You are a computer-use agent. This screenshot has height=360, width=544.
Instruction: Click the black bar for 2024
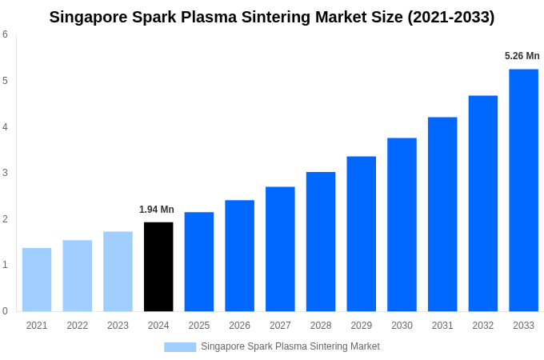158,266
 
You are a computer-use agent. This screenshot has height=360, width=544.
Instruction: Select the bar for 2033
523,190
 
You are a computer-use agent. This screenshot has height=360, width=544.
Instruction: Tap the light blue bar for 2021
37,279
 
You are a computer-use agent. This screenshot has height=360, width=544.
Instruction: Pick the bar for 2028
321,242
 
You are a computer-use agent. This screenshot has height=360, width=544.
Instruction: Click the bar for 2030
402,225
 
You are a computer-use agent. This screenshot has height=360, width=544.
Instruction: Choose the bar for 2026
239,255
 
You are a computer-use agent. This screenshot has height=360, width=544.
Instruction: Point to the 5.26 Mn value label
522,56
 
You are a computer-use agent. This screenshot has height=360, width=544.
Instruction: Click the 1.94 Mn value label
157,210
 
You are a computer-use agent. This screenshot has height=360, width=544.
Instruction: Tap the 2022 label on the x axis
78,326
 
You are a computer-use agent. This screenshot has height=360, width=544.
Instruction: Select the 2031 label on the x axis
442,326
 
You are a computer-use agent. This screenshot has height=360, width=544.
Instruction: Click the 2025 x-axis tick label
199,326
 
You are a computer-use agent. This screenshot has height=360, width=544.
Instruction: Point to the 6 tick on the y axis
5,34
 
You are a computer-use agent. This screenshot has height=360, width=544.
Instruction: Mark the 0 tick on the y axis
5,311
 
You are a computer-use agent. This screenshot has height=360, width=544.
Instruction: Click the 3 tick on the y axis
5,173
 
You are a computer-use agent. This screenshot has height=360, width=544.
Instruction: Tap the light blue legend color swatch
180,346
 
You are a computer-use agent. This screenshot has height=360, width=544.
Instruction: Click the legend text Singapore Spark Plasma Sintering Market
290,346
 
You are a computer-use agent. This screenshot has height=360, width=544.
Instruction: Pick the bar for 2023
118,271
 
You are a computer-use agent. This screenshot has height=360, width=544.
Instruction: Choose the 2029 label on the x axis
362,326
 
